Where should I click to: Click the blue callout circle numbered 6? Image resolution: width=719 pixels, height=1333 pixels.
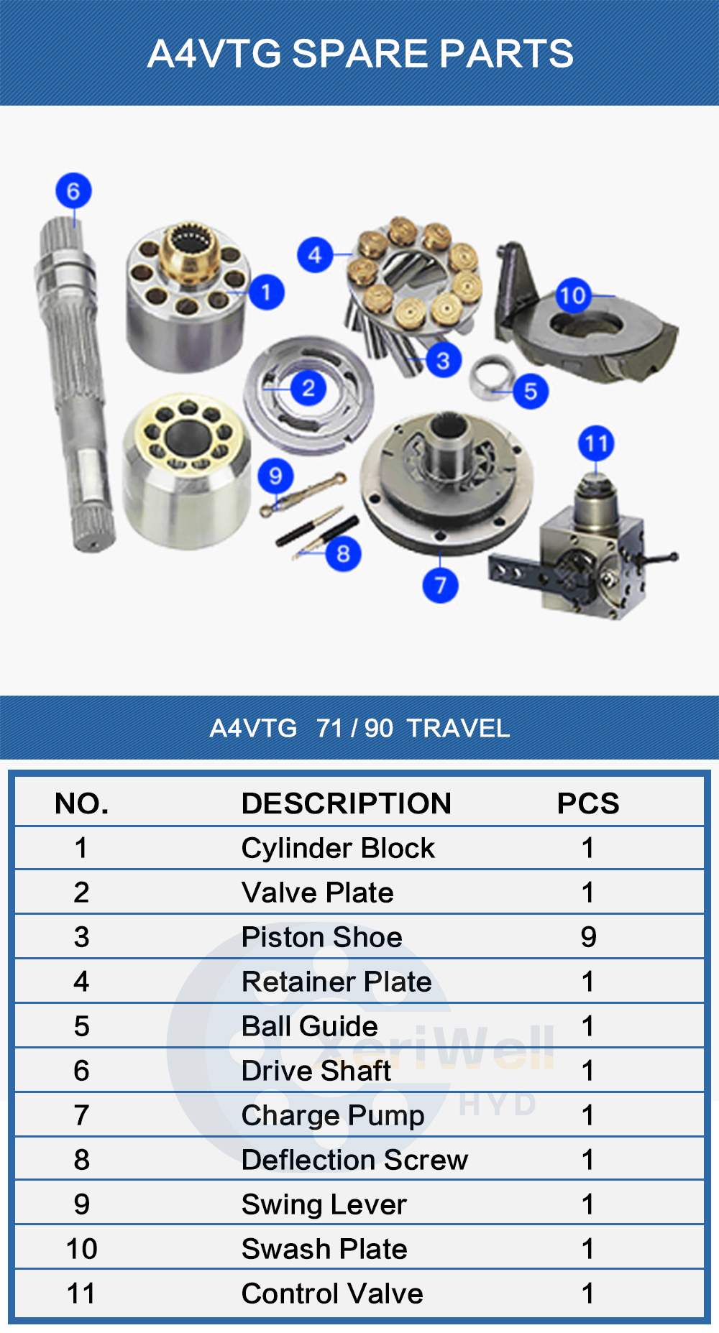73,190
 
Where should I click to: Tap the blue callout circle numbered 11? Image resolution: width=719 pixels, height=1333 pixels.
596,443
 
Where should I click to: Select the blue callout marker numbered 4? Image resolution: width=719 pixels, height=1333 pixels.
315,254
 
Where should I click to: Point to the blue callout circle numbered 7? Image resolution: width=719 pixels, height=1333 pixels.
440,585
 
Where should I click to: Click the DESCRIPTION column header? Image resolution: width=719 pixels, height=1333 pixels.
346,803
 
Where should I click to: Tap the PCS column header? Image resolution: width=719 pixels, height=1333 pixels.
588,803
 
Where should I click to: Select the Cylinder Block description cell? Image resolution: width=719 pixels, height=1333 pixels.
338,848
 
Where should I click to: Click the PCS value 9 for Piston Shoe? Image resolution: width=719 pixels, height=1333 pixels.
588,937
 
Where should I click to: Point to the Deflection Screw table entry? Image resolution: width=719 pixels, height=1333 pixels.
354,1160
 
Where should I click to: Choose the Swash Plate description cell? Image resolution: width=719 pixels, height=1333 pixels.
324,1249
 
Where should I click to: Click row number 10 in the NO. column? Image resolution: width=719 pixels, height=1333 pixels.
81,1249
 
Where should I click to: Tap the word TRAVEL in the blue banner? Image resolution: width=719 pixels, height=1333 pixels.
458,728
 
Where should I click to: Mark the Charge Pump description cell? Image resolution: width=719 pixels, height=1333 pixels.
333,1116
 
